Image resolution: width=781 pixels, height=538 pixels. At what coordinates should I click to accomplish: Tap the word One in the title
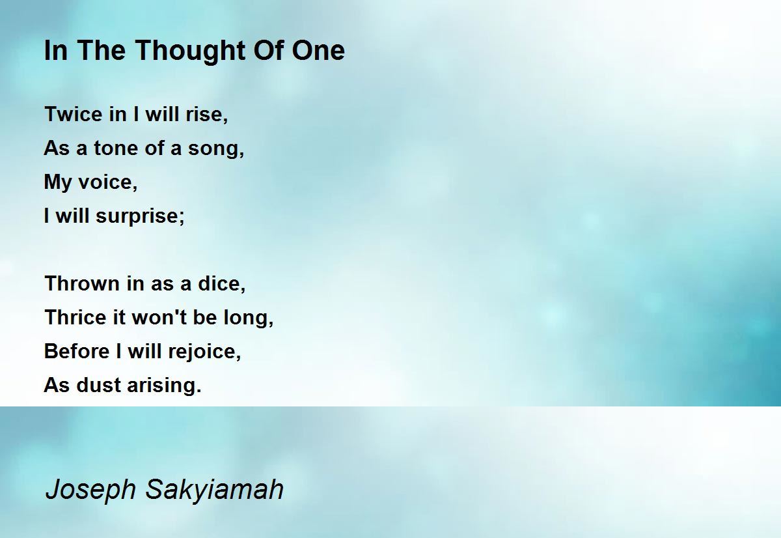318,50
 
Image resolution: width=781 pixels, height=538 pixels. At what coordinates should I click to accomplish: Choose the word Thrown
82,283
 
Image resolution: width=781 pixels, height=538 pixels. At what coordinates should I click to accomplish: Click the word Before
77,351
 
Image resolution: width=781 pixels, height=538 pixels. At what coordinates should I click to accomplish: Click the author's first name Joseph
90,490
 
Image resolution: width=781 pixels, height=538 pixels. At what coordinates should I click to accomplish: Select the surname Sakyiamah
214,490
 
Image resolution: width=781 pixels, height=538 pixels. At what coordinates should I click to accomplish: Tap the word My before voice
57,183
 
